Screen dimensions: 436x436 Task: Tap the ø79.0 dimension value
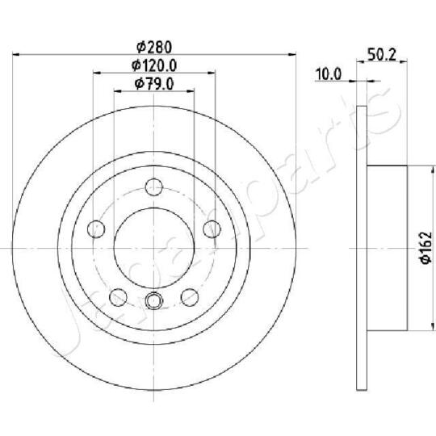pyautogui.click(x=153, y=83)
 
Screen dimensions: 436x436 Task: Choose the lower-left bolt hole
pyautogui.click(x=118, y=295)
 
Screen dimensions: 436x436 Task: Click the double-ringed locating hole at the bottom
pyautogui.click(x=153, y=303)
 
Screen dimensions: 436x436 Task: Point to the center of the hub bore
pyautogui.click(x=153, y=246)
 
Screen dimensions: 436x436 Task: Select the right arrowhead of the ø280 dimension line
pyautogui.click(x=293, y=55)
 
